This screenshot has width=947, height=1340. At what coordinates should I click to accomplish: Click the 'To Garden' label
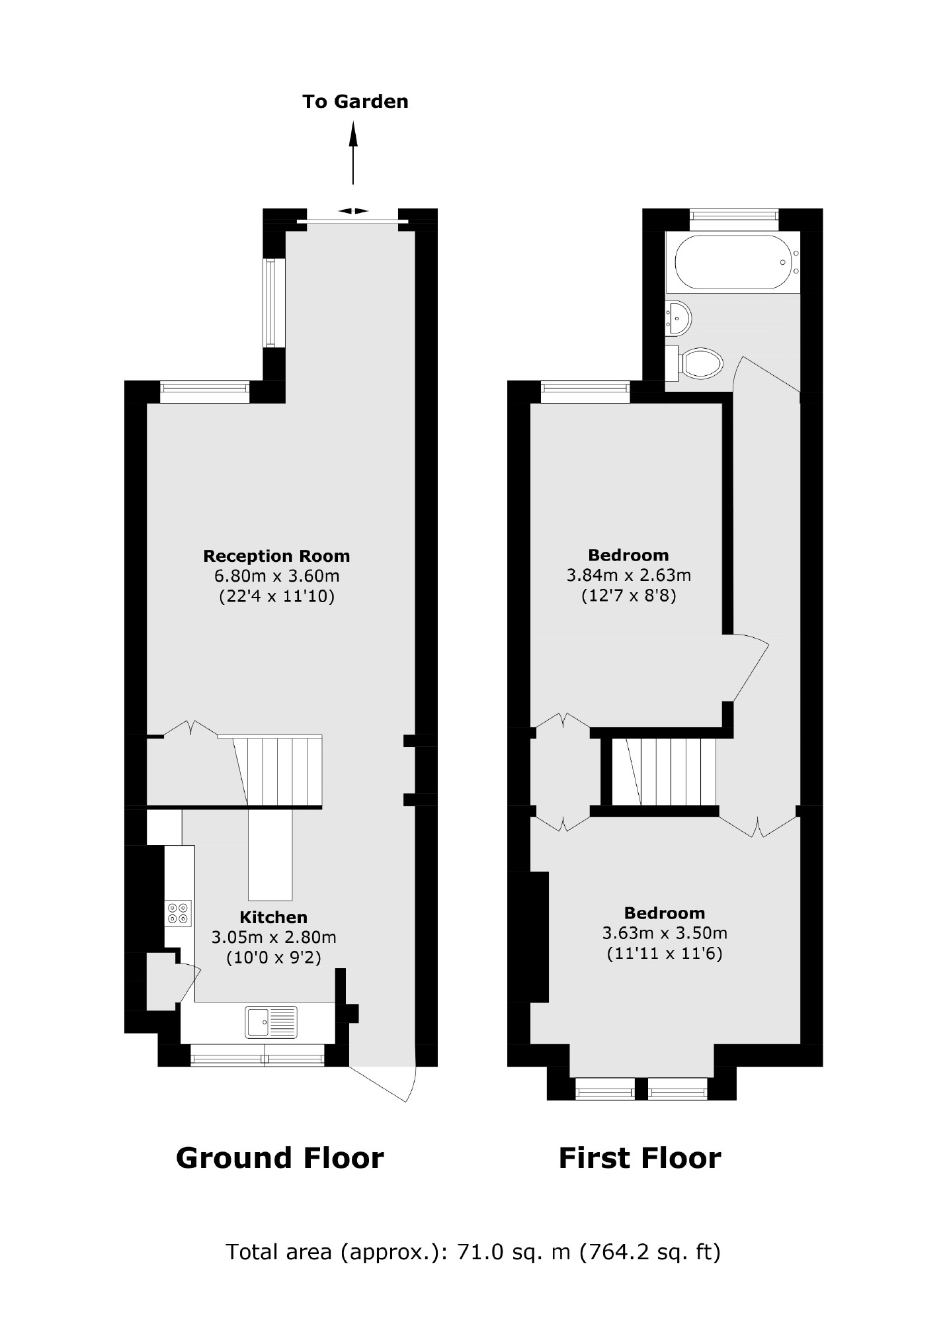(x=355, y=102)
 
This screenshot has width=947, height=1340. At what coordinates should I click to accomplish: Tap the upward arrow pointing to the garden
(x=353, y=152)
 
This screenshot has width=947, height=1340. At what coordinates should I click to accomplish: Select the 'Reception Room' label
(x=276, y=556)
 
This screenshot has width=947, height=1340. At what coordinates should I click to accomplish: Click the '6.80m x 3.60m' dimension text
(x=276, y=576)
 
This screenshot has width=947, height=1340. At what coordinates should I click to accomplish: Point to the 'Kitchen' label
(x=273, y=917)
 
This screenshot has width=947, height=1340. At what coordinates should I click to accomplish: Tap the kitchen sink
(x=271, y=1022)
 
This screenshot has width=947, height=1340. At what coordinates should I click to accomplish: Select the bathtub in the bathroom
(x=733, y=262)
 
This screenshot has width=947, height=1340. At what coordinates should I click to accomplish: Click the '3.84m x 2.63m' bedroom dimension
(x=628, y=575)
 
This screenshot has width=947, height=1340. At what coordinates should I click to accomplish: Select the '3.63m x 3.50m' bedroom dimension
(x=664, y=933)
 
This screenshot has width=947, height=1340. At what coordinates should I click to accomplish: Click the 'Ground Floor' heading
(x=280, y=1159)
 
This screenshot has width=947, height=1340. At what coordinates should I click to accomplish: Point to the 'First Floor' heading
(x=639, y=1159)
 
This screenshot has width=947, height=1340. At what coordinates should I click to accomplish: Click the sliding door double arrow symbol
(x=353, y=211)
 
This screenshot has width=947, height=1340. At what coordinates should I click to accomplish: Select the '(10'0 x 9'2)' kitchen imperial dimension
(x=273, y=958)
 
